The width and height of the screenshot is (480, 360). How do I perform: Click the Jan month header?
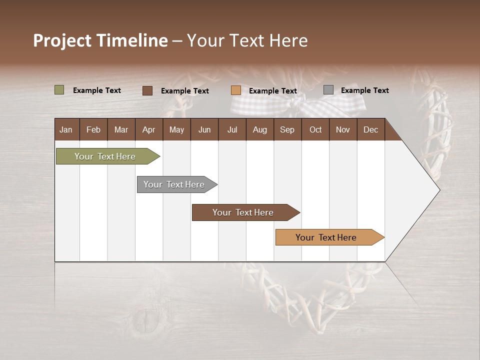(x=66, y=129)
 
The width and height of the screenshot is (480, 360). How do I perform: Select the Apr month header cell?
(x=149, y=129)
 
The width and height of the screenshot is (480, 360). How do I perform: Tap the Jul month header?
(x=232, y=129)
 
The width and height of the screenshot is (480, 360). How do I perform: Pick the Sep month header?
(x=287, y=129)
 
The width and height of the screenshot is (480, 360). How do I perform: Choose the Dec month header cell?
(x=370, y=129)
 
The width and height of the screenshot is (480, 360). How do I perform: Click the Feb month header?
(x=93, y=129)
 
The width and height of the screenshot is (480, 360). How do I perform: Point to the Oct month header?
(x=315, y=129)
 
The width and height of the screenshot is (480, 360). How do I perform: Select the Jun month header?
(x=204, y=129)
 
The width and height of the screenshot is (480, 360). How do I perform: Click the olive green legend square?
(x=59, y=90)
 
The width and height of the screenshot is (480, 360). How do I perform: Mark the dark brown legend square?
(x=147, y=90)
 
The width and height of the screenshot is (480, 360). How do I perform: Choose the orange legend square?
(x=236, y=90)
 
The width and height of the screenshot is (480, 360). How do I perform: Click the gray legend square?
(x=328, y=90)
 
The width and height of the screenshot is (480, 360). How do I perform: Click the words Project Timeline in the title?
(x=100, y=40)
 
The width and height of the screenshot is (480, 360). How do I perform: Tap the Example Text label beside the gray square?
(x=364, y=90)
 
